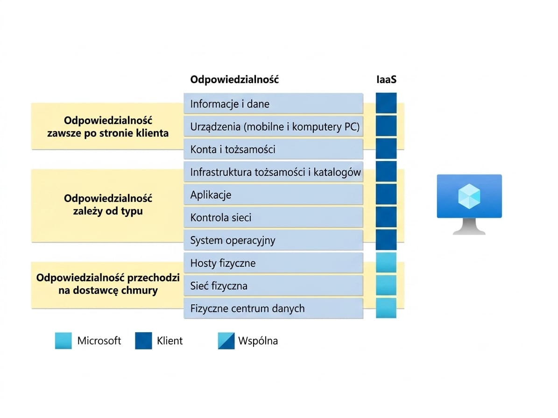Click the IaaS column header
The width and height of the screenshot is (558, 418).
pyautogui.click(x=386, y=79)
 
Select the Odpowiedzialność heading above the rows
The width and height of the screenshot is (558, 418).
pyautogui.click(x=234, y=79)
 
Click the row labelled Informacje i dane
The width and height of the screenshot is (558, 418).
pyautogui.click(x=273, y=104)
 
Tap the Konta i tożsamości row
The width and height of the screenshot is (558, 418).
pyautogui.click(x=273, y=149)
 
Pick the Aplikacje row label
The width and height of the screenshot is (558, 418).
pyautogui.click(x=273, y=195)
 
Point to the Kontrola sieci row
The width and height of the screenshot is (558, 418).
pyautogui.click(x=273, y=217)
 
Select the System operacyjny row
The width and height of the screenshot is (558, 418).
pyautogui.click(x=273, y=240)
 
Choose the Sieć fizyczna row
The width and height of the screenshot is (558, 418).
pyautogui.click(x=273, y=286)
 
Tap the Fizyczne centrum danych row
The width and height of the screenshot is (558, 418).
pyautogui.click(x=273, y=308)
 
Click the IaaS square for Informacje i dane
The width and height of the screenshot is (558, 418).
pyautogui.click(x=386, y=103)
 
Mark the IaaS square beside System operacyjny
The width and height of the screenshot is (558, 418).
pyautogui.click(x=386, y=240)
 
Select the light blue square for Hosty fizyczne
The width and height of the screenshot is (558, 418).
pyautogui.click(x=386, y=263)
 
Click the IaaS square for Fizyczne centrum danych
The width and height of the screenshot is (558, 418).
pyautogui.click(x=386, y=308)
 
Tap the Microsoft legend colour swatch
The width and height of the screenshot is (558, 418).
pyautogui.click(x=64, y=341)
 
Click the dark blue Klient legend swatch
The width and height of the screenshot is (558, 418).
pyautogui.click(x=143, y=341)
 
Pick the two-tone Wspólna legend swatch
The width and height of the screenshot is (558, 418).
pyautogui.click(x=226, y=341)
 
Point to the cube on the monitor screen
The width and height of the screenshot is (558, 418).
pyautogui.click(x=469, y=196)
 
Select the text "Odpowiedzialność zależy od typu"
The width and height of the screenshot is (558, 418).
pyautogui.click(x=108, y=204)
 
